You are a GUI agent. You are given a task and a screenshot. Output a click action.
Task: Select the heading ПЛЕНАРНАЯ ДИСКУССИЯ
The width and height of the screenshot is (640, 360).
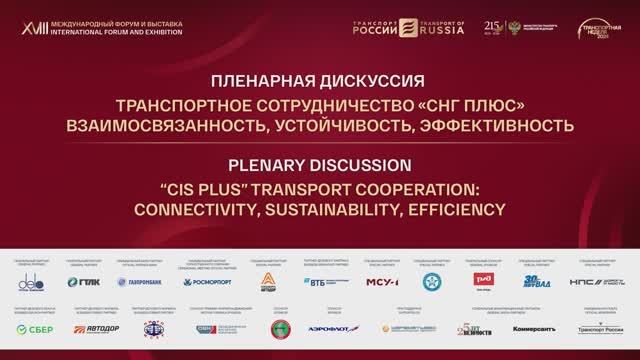click(x=319, y=80)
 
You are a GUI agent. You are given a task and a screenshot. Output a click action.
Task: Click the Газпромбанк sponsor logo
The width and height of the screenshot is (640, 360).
click(x=143, y=282)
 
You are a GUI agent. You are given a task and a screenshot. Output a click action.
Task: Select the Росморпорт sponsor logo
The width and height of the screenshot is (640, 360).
click(x=208, y=282)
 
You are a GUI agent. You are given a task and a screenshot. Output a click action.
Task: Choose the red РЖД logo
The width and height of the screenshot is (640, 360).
click(x=487, y=281)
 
